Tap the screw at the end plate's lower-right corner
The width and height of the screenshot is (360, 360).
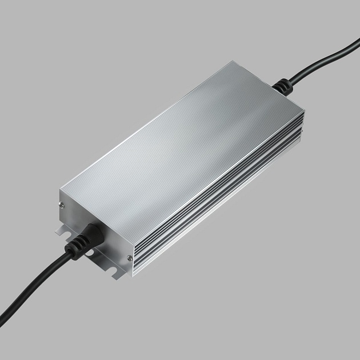(130, 258)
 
